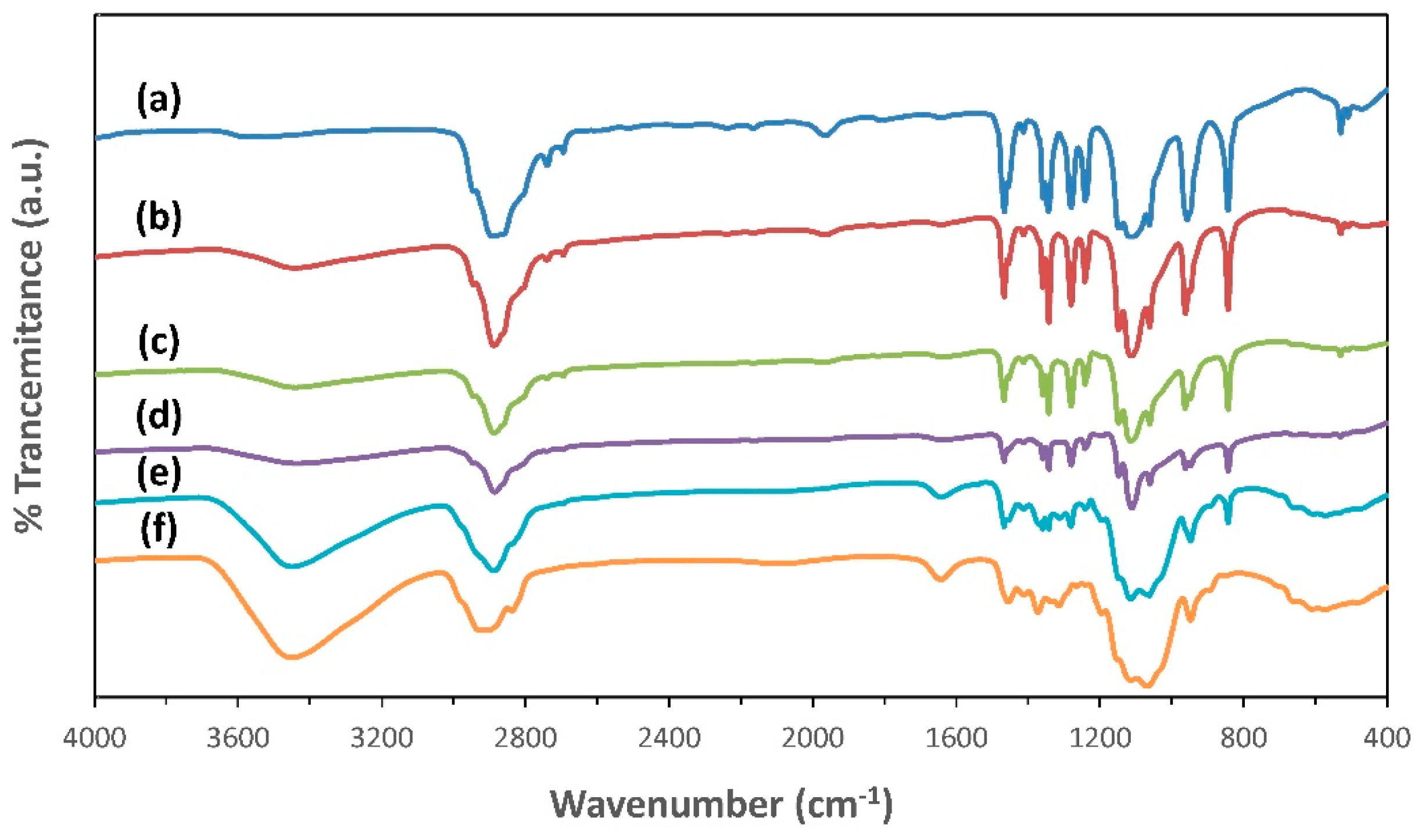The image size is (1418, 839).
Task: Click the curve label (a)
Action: pyautogui.click(x=159, y=100)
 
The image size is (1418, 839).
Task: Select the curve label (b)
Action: pyautogui.click(x=159, y=218)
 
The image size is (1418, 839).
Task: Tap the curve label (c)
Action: pyautogui.click(x=159, y=342)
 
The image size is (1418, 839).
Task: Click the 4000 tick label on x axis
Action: pyautogui.click(x=94, y=738)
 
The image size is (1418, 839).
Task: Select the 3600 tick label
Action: pyautogui.click(x=238, y=738)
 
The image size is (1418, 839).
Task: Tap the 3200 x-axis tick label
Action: pyautogui.click(x=382, y=738)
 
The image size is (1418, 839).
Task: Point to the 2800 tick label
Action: pyautogui.click(x=525, y=738)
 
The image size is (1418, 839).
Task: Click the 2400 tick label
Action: pyautogui.click(x=669, y=738)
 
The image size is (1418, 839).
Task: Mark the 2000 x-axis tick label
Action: pyautogui.click(x=812, y=738)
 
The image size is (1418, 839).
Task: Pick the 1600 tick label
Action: pyautogui.click(x=956, y=738)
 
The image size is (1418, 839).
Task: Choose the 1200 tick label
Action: pyautogui.click(x=1100, y=738)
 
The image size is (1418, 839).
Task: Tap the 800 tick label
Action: pyautogui.click(x=1243, y=738)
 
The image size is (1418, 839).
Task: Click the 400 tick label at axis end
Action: pyautogui.click(x=1387, y=738)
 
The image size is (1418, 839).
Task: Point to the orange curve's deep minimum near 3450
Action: pyautogui.click(x=292, y=657)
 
